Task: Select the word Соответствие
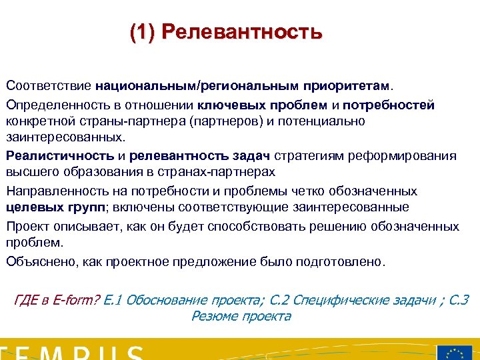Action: click(49, 86)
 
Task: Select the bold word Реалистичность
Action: click(61, 156)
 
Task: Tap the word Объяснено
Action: click(41, 261)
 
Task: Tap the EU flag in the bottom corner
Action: click(455, 353)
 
